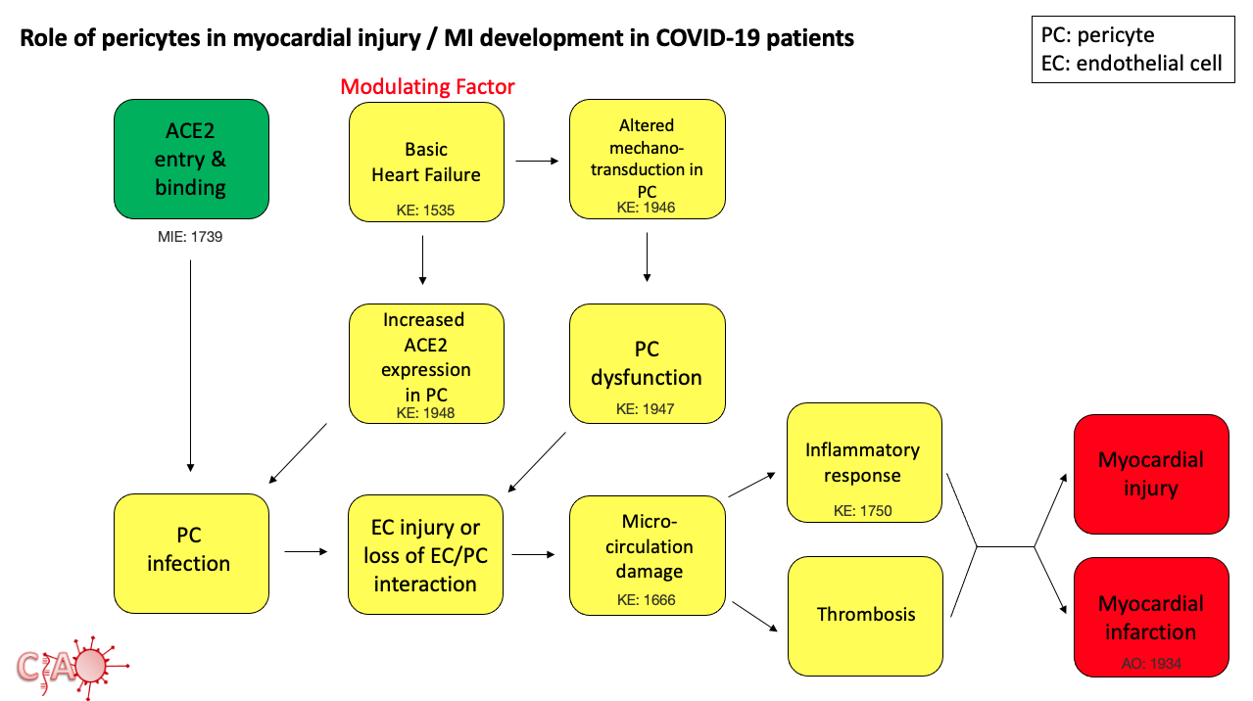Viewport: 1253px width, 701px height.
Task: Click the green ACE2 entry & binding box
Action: (191, 159)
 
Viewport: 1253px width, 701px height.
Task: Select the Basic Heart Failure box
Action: (426, 162)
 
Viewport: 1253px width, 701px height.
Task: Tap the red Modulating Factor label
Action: (427, 87)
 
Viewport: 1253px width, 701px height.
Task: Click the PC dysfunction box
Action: (647, 364)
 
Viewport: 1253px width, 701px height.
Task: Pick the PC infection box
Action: (191, 552)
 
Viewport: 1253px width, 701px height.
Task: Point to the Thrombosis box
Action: (865, 615)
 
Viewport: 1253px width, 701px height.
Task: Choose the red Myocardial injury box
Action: (1151, 474)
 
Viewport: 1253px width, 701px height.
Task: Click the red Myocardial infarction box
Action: (1151, 617)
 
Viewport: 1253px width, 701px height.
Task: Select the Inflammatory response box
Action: (863, 462)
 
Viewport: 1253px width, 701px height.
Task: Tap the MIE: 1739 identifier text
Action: (191, 236)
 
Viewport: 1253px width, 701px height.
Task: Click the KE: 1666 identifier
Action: (646, 600)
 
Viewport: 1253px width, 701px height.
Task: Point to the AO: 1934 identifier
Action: (1151, 663)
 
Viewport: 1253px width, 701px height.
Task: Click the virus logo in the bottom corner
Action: (73, 665)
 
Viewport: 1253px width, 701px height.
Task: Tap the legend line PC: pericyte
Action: (1097, 36)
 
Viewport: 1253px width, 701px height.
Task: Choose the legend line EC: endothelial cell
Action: (1132, 64)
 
